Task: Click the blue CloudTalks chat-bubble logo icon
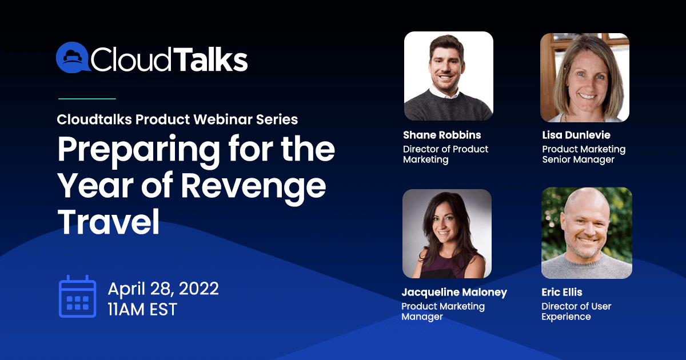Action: pyautogui.click(x=73, y=57)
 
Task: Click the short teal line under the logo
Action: pyautogui.click(x=87, y=98)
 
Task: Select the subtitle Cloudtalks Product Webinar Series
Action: pyautogui.click(x=177, y=119)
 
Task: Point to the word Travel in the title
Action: pyautogui.click(x=109, y=221)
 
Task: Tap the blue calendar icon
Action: pyautogui.click(x=78, y=297)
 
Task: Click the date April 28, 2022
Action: pyautogui.click(x=163, y=289)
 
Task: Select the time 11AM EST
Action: pyautogui.click(x=142, y=309)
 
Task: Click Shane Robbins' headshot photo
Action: pyautogui.click(x=449, y=76)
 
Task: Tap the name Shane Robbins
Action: pyautogui.click(x=442, y=135)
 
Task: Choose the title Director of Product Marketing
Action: pyautogui.click(x=445, y=154)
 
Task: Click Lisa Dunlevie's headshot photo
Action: pyautogui.click(x=585, y=78)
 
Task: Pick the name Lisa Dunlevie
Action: pyautogui.click(x=576, y=135)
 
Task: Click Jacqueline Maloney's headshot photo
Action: pyautogui.click(x=447, y=234)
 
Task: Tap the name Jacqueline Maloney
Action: pyautogui.click(x=454, y=293)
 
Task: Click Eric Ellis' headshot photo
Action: pyautogui.click(x=587, y=233)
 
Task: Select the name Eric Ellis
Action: pyautogui.click(x=561, y=292)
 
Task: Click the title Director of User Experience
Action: pyautogui.click(x=576, y=311)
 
